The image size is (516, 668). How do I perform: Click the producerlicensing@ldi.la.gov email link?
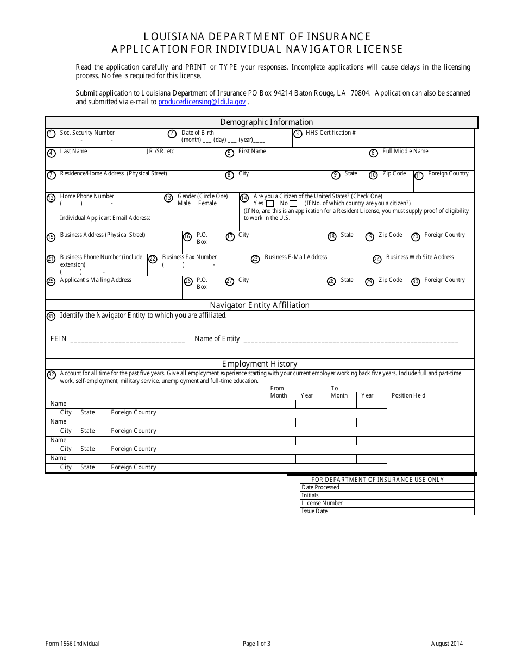pyautogui.click(x=202, y=102)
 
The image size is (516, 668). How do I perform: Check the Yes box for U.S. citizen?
pyautogui.click(x=270, y=204)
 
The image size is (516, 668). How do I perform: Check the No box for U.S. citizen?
pyautogui.click(x=294, y=204)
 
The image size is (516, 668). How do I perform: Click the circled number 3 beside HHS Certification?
pyautogui.click(x=298, y=134)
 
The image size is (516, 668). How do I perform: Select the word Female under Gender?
pyautogui.click(x=207, y=203)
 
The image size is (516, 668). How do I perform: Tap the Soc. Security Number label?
pyautogui.click(x=87, y=133)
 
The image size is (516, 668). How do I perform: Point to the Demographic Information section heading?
pyautogui.click(x=266, y=122)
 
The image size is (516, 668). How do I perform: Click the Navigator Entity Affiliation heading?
pyautogui.click(x=260, y=305)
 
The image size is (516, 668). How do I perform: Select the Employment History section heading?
pyautogui.click(x=260, y=364)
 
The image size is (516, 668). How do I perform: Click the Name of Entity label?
pyautogui.click(x=217, y=338)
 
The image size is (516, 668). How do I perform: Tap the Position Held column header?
pyautogui.click(x=408, y=395)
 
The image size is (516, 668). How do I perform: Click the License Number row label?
pyautogui.click(x=322, y=503)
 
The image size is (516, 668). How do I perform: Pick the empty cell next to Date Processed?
pyautogui.click(x=437, y=487)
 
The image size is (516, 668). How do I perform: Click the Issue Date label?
pyautogui.click(x=314, y=511)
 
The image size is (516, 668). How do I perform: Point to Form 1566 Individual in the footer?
pyautogui.click(x=72, y=644)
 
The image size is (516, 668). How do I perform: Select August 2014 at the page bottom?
pyautogui.click(x=447, y=644)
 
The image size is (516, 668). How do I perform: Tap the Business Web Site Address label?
pyautogui.click(x=420, y=257)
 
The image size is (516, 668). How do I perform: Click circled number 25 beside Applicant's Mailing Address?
pyautogui.click(x=51, y=281)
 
